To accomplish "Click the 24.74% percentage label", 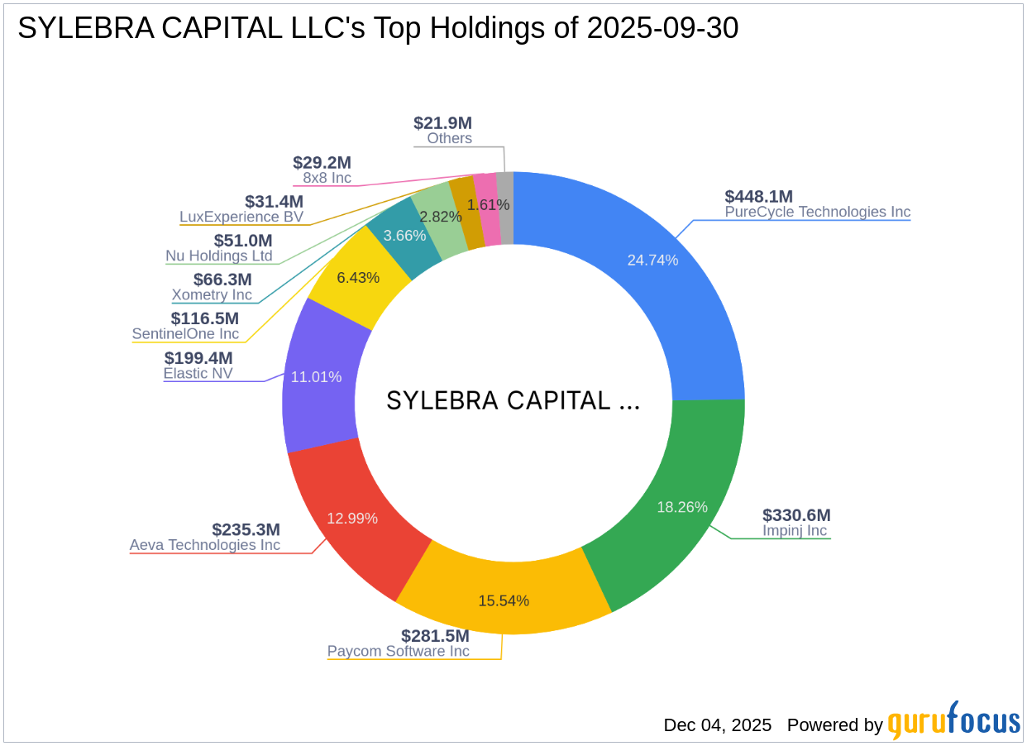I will point(652,261).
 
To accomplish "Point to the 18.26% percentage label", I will point(681,507).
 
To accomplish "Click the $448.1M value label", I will point(758,196).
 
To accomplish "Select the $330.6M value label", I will point(796,515).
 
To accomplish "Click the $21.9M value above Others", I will point(442,123).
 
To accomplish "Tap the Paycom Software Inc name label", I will point(398,651).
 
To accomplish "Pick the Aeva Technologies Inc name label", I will point(205,545).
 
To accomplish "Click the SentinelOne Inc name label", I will point(185,334).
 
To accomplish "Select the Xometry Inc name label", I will point(212,294).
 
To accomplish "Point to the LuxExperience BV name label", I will point(241,217).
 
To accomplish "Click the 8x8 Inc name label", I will point(322,178).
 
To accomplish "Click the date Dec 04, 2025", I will point(717,725).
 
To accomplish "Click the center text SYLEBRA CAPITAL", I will point(513,401).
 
